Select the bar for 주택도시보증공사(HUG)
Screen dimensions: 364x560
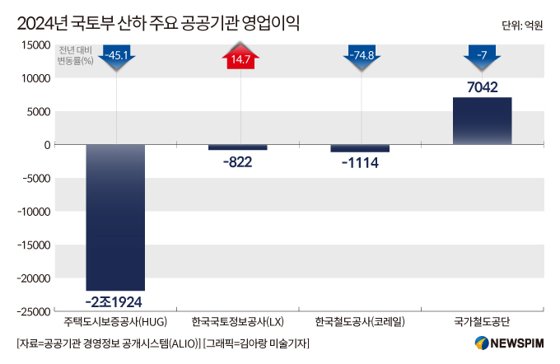(x=115, y=217)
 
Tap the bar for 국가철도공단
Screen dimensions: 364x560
(x=482, y=121)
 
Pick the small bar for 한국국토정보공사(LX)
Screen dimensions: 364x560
(x=237, y=147)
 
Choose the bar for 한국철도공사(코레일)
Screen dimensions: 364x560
(x=360, y=148)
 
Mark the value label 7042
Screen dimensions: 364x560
(x=482, y=87)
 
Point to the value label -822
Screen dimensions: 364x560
(x=237, y=161)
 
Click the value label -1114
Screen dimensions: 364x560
(x=360, y=162)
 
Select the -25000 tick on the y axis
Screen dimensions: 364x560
(x=31, y=311)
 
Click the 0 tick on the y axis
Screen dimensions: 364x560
(x=48, y=145)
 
